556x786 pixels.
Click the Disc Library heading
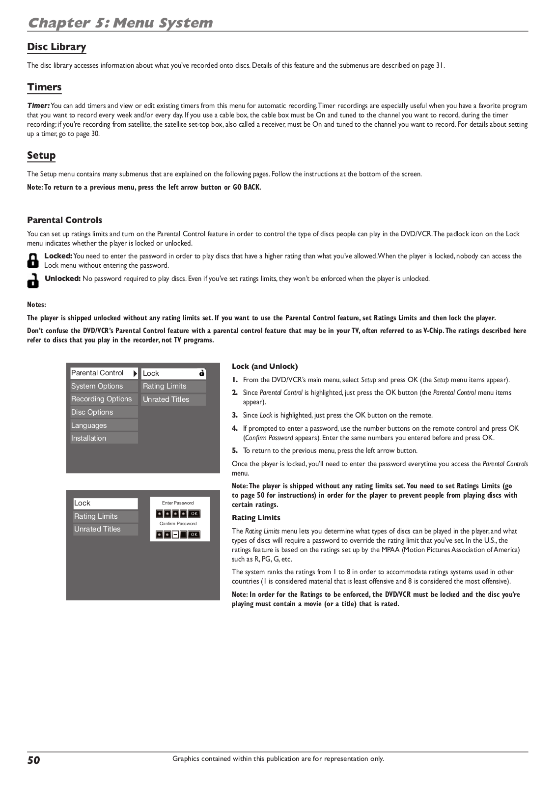(x=56, y=47)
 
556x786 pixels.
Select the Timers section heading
(x=44, y=87)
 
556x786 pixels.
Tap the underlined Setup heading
(x=41, y=156)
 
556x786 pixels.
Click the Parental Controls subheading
(x=64, y=220)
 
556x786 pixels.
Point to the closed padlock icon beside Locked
(x=32, y=260)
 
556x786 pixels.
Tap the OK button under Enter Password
(x=194, y=514)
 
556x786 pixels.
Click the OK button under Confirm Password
(x=194, y=534)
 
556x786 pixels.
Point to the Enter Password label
(x=178, y=503)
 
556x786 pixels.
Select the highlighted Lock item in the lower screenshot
(x=105, y=503)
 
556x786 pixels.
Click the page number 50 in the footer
(x=33, y=760)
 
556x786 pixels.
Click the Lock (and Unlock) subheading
(x=265, y=366)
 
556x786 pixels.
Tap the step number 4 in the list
(x=235, y=428)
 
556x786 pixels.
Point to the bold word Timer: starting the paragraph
(x=38, y=106)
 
